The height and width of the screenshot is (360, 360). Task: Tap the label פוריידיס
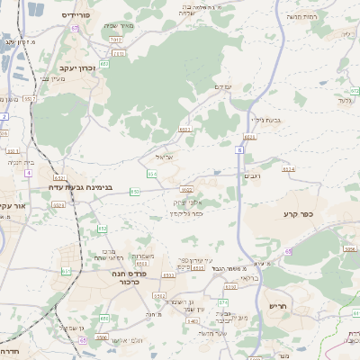(x=79, y=16)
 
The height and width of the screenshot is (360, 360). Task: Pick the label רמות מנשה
(x=302, y=17)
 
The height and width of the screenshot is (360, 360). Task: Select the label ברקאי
(x=248, y=279)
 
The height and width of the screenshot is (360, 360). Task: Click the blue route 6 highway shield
(x=240, y=150)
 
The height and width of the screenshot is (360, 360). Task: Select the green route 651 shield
(x=66, y=270)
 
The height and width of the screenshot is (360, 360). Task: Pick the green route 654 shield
(x=152, y=174)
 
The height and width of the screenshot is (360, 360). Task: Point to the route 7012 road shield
(x=114, y=40)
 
